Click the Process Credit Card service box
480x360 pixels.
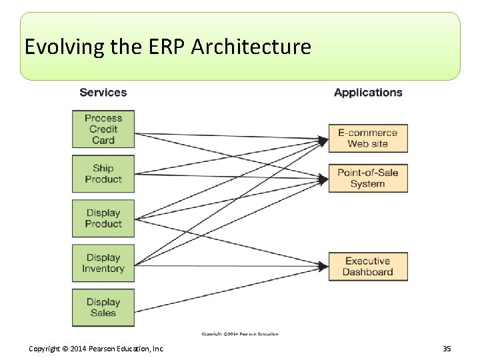click(103, 129)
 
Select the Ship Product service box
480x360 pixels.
click(103, 174)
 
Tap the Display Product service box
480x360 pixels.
click(103, 219)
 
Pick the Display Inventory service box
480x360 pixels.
click(103, 263)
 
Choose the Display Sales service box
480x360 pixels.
click(103, 307)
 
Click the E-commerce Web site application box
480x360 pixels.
click(367, 138)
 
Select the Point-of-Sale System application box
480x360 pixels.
click(367, 178)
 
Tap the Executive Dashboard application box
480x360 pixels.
click(367, 267)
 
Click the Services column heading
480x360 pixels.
click(103, 93)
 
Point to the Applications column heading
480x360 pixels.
click(368, 93)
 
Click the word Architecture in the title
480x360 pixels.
click(251, 47)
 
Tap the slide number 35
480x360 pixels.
click(447, 349)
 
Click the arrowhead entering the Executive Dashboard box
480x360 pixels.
click(324, 267)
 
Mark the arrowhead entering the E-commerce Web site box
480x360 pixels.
click(324, 140)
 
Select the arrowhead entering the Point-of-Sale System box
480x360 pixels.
click(324, 179)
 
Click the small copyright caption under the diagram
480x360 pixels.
click(240, 333)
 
